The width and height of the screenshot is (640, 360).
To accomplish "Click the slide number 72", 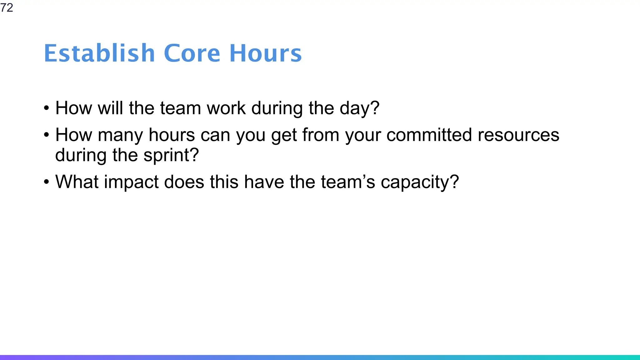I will (7, 7).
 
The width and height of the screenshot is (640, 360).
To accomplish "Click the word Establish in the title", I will (99, 53).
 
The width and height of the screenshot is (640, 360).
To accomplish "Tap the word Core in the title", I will (192, 53).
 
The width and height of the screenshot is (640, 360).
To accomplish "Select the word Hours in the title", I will (266, 53).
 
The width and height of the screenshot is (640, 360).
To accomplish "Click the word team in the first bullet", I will (180, 108).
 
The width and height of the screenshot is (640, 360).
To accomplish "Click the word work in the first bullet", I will (226, 108).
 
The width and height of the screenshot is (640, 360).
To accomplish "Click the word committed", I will (429, 135).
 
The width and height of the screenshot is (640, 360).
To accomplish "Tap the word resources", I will (518, 135).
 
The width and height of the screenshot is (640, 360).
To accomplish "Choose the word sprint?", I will (171, 156).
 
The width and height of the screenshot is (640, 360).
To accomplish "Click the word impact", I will (131, 182).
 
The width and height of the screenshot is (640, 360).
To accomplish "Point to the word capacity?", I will (420, 182).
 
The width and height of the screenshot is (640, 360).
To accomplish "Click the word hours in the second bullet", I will (172, 135).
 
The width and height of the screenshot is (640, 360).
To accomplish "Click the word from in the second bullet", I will (321, 135).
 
